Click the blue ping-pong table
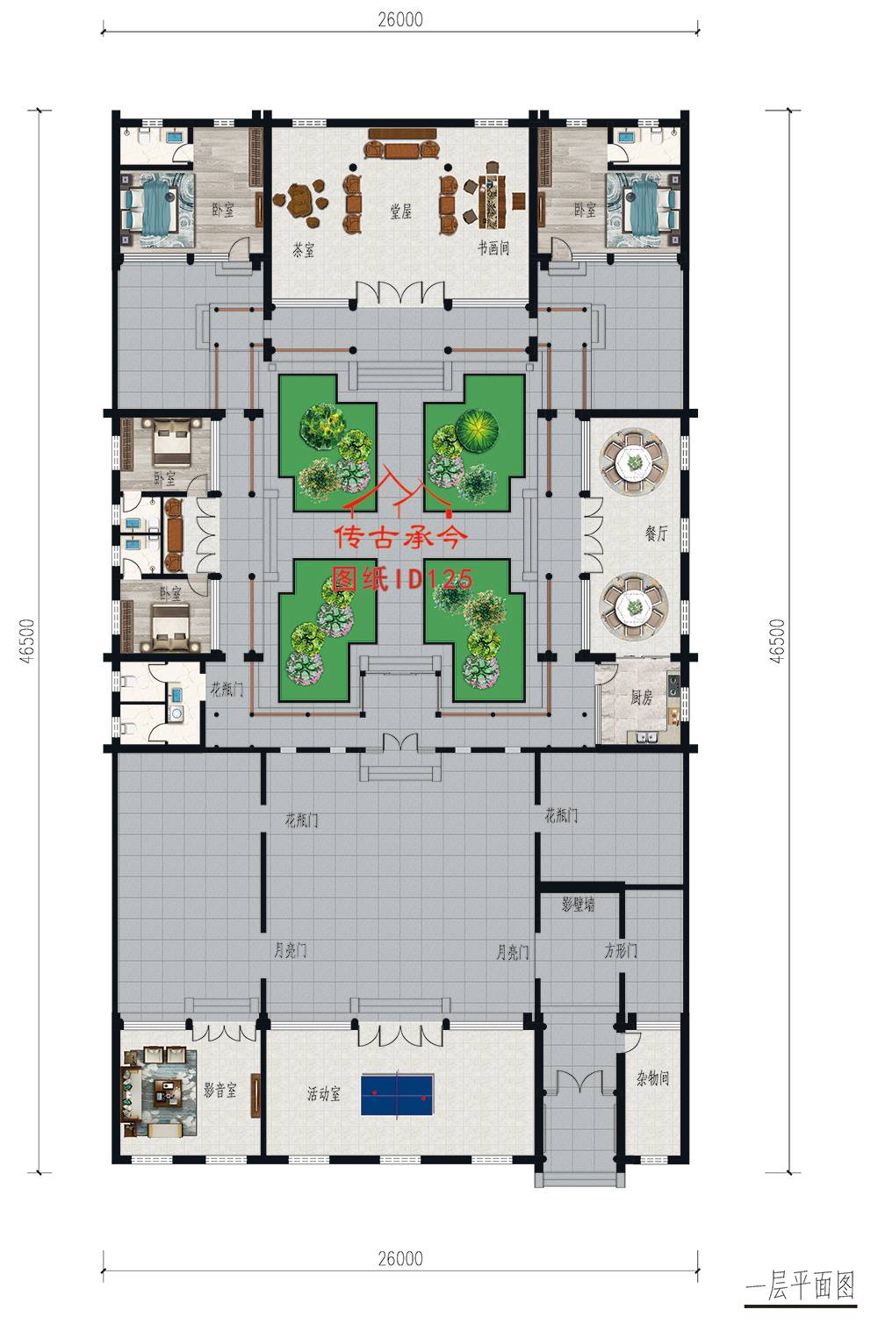coord(397,1095)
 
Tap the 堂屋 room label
coord(400,211)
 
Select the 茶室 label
coord(303,250)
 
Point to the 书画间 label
coord(493,247)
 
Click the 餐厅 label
coord(656,533)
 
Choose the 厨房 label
coord(641,698)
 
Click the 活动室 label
coord(324,1094)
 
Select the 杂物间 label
coord(652,1078)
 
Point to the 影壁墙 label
coord(578,905)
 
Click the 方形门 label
coord(621,950)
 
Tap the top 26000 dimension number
coord(400,20)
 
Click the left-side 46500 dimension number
coord(27,641)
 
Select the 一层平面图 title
coord(800,1285)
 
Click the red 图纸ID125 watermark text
coord(402,579)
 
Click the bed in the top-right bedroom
coord(650,210)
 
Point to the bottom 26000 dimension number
coord(400,1258)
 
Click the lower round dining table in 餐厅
coord(634,606)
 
